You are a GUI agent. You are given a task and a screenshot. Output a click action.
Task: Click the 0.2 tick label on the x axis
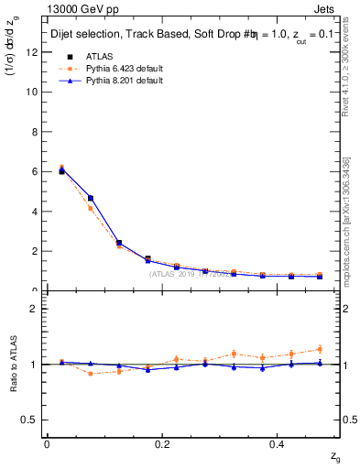[163, 444]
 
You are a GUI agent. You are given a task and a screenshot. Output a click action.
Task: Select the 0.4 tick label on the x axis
[279, 444]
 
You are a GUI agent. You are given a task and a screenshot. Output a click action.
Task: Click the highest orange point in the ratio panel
[320, 349]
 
